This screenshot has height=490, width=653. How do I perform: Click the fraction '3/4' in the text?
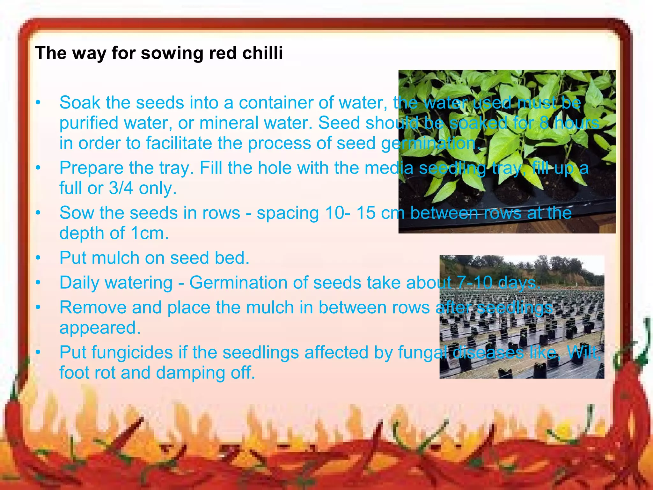[121, 188]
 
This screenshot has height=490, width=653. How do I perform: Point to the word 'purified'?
[91, 123]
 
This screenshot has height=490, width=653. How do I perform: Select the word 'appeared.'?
[100, 328]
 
